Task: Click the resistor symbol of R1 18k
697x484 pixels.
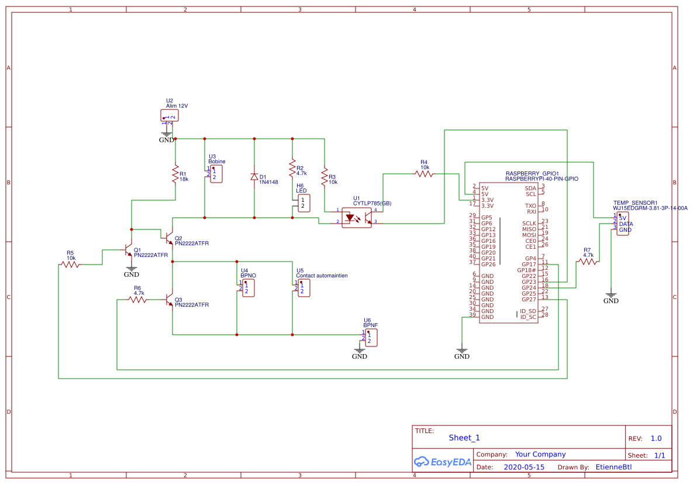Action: coord(175,174)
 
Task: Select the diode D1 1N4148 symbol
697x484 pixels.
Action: coord(254,177)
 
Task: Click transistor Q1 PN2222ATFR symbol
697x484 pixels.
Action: coord(129,250)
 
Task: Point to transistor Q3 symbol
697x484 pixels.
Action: coord(170,300)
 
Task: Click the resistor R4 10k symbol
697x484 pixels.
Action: coord(424,174)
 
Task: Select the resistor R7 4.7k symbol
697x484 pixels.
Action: coord(588,262)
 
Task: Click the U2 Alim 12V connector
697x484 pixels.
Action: coord(169,116)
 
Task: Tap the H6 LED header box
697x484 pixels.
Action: coord(303,204)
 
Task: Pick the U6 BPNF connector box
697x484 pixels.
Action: coord(371,337)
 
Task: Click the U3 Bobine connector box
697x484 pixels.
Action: coord(216,174)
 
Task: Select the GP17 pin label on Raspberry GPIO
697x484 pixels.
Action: coord(529,265)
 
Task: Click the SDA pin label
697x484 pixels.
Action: coord(530,188)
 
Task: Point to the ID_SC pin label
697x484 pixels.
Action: coord(528,317)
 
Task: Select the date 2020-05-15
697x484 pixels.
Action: coord(523,467)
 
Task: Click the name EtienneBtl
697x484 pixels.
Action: coord(613,467)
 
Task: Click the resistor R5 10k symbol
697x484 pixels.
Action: coord(70,265)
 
